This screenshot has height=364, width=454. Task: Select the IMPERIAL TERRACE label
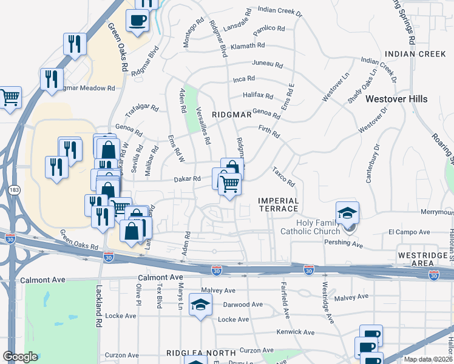coord(279,204)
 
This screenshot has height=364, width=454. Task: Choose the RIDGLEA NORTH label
coord(201,352)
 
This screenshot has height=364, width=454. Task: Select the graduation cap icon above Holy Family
coord(347,213)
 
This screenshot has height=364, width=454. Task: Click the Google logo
coord(20,357)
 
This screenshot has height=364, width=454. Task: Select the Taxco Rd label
coord(283,177)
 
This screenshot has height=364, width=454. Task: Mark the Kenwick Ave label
coord(295,332)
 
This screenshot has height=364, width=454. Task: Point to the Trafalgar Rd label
coord(141,111)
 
